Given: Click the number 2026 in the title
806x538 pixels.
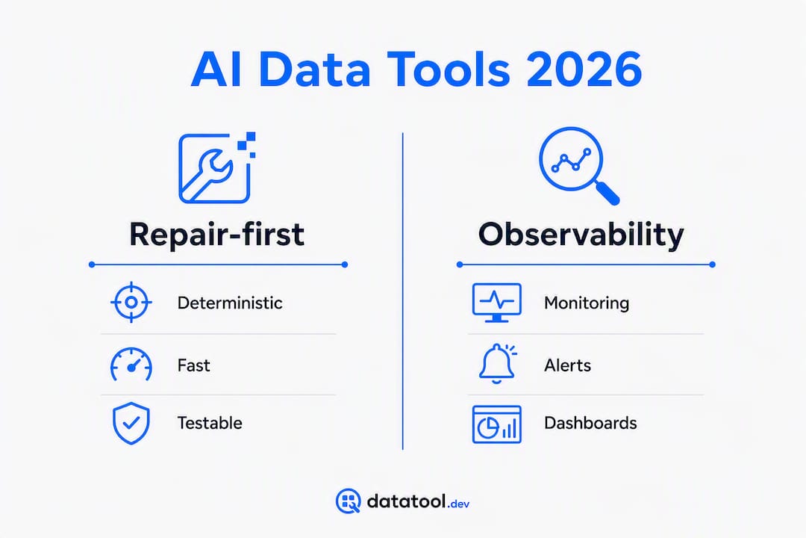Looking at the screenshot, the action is coord(584,69).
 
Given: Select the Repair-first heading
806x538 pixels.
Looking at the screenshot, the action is coord(216,235).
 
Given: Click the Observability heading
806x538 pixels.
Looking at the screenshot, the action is coord(581,235).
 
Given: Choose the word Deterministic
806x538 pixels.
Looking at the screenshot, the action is coord(230,303).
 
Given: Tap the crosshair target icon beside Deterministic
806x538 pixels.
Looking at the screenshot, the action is coord(131,302).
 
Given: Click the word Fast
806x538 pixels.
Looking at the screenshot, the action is coord(193,365).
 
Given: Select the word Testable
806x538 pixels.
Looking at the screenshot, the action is coord(210,423).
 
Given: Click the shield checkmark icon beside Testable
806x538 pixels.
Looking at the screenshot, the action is coord(131,423).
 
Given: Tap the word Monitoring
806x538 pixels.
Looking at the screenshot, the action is coord(587,303).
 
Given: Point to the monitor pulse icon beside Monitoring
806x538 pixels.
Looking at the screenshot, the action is coord(496,303).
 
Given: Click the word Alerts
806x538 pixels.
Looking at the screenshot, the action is coord(567,365).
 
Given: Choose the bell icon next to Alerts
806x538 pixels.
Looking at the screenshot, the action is coord(497,363).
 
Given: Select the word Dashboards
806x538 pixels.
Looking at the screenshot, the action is coord(590,423).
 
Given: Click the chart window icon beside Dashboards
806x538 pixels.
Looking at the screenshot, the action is coord(496,424).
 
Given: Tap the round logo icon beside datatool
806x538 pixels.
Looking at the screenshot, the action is coord(349,501).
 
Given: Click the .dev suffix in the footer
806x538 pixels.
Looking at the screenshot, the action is coord(458,504).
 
